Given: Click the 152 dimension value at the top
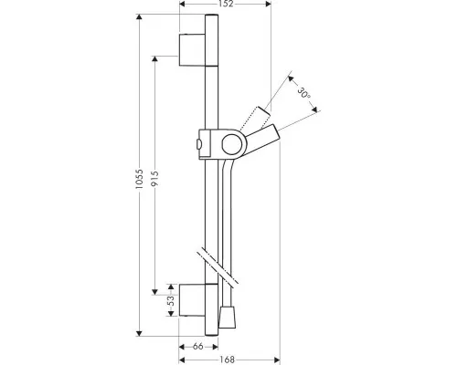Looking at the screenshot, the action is [x=226, y=4].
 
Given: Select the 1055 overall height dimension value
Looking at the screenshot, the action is [x=139, y=179].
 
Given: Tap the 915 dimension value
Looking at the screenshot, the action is [x=155, y=179].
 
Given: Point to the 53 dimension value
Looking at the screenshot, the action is [x=171, y=300].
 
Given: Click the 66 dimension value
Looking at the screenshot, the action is [x=198, y=347].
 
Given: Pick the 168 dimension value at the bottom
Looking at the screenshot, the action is [x=228, y=360].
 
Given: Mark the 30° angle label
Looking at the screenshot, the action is [x=303, y=93].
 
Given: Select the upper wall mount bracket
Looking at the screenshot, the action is [x=192, y=49].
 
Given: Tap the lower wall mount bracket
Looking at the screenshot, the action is [x=192, y=300].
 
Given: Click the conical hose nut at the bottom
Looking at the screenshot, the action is [x=228, y=318].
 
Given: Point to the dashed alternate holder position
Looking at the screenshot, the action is [x=255, y=119].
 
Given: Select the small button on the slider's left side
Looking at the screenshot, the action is [x=198, y=144].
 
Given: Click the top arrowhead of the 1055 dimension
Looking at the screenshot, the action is [x=139, y=17].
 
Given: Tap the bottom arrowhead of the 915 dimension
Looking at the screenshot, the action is [x=155, y=292].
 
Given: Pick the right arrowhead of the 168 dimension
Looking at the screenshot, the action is [x=277, y=360].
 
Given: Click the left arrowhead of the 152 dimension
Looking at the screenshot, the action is [x=183, y=4].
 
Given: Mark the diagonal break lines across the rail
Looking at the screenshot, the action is [x=218, y=265].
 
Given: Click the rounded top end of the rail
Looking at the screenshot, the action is [x=211, y=16].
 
